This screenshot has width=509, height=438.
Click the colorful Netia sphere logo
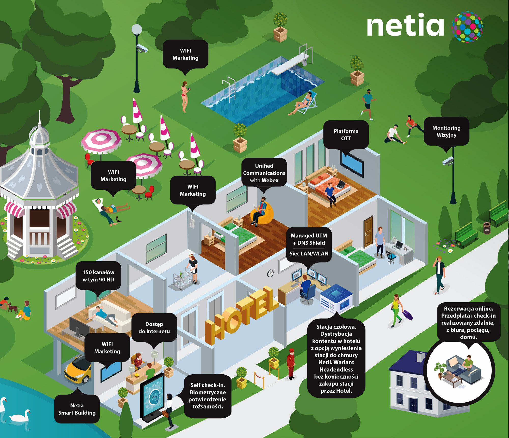point(467,27)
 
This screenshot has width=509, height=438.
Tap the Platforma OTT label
point(346,135)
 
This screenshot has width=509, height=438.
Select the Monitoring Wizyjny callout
point(446,131)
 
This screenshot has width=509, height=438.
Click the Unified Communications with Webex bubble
point(264,173)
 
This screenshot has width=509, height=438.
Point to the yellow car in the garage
point(78,369)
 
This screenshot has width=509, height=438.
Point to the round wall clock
point(270,273)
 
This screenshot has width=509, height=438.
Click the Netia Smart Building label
point(77,409)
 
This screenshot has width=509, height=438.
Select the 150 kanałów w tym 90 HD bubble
point(98,276)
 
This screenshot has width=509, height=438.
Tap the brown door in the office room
point(368,232)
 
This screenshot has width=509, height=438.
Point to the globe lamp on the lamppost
point(137,29)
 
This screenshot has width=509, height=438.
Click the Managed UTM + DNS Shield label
point(309,239)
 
